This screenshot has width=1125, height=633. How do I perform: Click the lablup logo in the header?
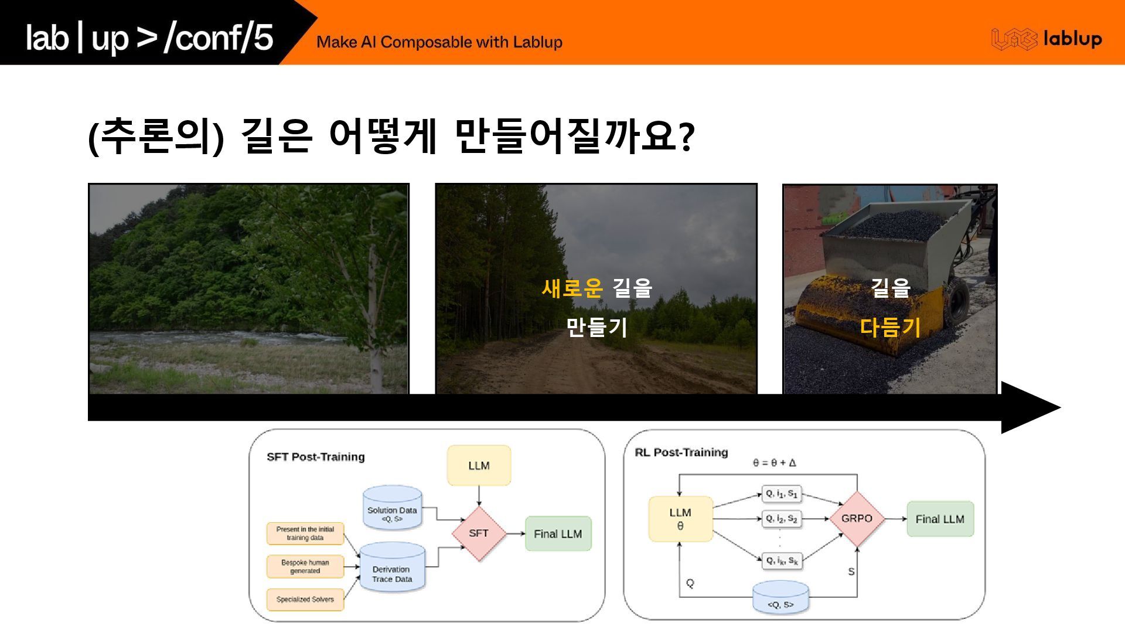(1046, 39)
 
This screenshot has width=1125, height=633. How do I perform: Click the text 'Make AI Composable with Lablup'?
(439, 42)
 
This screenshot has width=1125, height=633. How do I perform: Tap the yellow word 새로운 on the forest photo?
(572, 288)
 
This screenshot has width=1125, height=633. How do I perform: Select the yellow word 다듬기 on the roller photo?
(890, 327)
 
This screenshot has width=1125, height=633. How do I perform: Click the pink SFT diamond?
(479, 533)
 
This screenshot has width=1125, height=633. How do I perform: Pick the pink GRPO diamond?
(857, 519)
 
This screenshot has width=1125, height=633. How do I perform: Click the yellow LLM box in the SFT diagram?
(479, 465)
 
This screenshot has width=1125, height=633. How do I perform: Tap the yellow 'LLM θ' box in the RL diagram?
(680, 519)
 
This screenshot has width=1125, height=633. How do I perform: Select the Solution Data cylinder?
(392, 508)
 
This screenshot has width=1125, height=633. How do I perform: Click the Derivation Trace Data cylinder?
(392, 568)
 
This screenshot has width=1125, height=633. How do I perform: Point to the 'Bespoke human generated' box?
(305, 567)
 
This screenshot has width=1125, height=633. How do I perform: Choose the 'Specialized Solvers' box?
(305, 600)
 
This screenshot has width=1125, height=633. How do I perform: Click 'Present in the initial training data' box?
(305, 533)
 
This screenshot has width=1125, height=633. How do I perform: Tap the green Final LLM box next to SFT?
(558, 534)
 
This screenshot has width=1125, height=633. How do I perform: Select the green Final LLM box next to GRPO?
(940, 519)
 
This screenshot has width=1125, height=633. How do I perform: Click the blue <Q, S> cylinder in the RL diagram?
(780, 598)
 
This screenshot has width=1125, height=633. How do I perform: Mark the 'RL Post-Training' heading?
(681, 452)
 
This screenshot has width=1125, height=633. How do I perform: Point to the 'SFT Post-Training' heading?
(315, 457)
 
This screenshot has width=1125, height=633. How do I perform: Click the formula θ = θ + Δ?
(775, 463)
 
